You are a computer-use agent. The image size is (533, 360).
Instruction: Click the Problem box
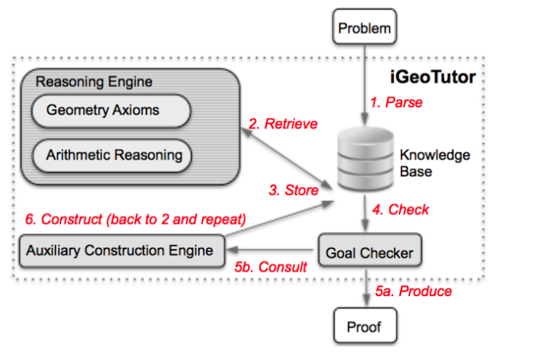365,29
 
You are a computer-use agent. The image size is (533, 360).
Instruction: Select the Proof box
365,327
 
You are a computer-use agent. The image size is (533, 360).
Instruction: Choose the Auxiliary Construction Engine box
120,251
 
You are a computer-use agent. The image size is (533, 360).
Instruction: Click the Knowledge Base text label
424,163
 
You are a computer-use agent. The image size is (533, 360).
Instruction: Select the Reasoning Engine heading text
94,82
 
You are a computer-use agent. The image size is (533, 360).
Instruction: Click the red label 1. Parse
396,102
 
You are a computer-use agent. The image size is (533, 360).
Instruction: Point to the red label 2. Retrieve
283,124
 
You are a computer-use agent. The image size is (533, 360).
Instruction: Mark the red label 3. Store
294,190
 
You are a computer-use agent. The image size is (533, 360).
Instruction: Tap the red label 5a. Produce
413,291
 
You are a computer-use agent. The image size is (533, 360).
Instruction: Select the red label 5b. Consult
270,268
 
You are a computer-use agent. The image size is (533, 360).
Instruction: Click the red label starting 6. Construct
135,219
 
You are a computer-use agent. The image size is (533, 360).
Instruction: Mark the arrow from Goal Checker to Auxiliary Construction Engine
270,251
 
